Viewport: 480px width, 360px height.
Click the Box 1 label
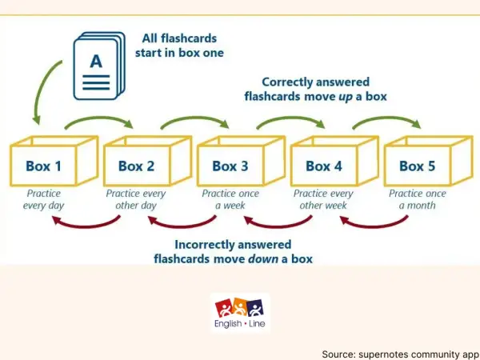pyautogui.click(x=43, y=166)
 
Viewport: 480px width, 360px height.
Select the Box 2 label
pyautogui.click(x=136, y=166)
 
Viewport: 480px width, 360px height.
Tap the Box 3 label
pyautogui.click(x=230, y=166)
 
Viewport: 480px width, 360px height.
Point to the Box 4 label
pyautogui.click(x=323, y=166)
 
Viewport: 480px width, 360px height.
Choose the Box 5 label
pyautogui.click(x=417, y=166)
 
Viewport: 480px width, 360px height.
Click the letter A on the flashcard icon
pyautogui.click(x=96, y=62)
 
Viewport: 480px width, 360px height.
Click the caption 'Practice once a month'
pyautogui.click(x=418, y=199)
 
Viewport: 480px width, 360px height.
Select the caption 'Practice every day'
pyautogui.click(x=43, y=199)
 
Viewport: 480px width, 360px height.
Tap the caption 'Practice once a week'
pyautogui.click(x=230, y=199)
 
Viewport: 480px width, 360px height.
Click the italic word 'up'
pyautogui.click(x=345, y=97)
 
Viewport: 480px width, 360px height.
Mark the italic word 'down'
pyautogui.click(x=263, y=259)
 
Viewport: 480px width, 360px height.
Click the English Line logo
pyautogui.click(x=240, y=313)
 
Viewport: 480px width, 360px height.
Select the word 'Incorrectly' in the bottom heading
pyautogui.click(x=203, y=245)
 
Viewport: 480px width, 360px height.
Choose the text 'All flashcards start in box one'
pyautogui.click(x=179, y=46)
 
